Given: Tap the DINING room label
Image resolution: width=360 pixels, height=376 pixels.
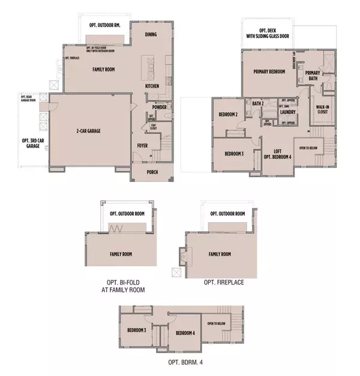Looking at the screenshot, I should (x=151, y=34).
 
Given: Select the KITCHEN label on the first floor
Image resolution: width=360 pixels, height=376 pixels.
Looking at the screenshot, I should (x=152, y=86).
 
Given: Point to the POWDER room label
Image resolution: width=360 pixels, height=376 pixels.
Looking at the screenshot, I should (x=159, y=108).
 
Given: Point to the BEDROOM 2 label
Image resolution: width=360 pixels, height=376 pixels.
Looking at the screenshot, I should (x=229, y=115).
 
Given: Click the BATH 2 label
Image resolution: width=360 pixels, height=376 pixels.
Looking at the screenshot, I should (x=258, y=103).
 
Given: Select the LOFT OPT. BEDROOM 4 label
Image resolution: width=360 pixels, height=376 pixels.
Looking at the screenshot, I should (x=278, y=154).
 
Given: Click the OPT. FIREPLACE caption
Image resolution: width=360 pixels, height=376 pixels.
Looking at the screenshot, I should (x=224, y=282).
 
